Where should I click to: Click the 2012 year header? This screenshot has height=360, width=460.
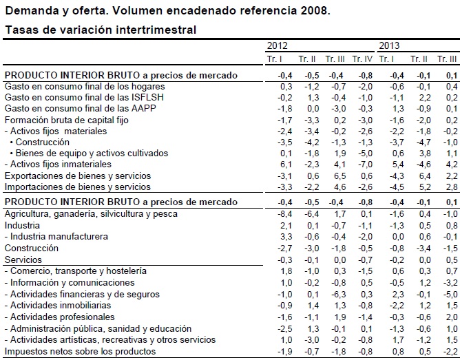click(x=278, y=46)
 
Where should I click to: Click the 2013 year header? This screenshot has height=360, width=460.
click(x=389, y=46)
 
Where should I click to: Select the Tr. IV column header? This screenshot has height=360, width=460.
click(x=362, y=59)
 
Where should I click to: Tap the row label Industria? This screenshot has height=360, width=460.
click(x=22, y=225)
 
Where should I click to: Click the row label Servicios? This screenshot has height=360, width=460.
click(x=23, y=260)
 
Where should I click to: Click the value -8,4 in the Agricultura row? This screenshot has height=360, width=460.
click(x=286, y=214)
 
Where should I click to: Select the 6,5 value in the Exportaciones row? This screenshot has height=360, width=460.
click(x=338, y=176)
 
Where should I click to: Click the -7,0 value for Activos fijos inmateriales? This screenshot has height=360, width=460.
click(x=365, y=165)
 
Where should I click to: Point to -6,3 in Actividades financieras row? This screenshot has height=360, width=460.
click(x=337, y=294)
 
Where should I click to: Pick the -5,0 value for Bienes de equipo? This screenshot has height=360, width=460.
click(x=365, y=153)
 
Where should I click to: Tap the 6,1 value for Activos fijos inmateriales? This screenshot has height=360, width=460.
click(x=287, y=165)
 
